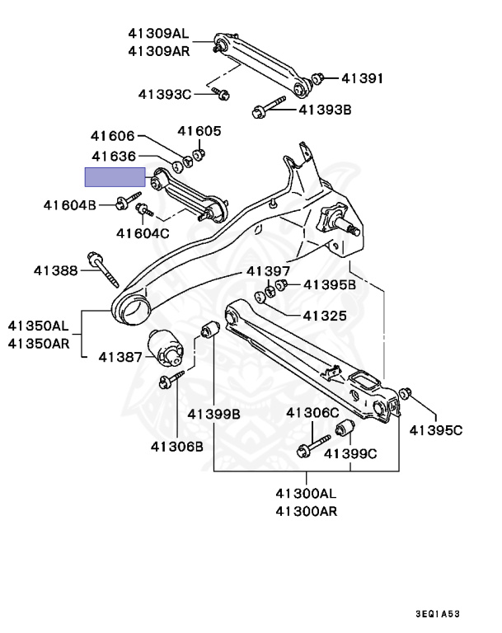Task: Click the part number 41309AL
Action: (x=158, y=34)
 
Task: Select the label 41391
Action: (x=363, y=79)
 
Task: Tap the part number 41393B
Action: (x=325, y=108)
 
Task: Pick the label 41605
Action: (x=199, y=131)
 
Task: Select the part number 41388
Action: (x=56, y=270)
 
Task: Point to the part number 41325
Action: (x=325, y=315)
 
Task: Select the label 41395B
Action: (x=329, y=285)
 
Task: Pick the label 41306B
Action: (x=176, y=446)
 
